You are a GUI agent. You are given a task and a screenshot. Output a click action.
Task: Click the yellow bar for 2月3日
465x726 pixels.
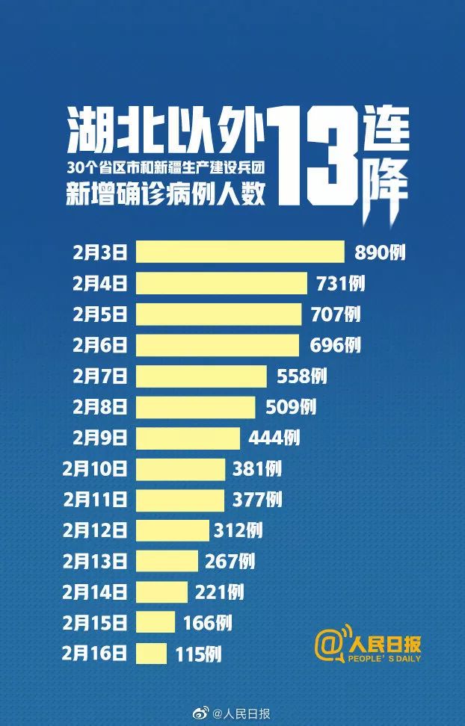239,252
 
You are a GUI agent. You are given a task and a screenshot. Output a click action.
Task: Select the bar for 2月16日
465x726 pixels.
151,654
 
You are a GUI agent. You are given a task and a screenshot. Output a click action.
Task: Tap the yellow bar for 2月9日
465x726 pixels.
188,438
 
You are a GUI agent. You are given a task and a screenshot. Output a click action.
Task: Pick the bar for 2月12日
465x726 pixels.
172,530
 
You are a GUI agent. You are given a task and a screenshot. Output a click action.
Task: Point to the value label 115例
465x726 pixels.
198,654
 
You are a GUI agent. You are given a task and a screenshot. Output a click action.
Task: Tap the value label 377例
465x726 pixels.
257,500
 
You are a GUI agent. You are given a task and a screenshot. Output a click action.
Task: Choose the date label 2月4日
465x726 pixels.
100,283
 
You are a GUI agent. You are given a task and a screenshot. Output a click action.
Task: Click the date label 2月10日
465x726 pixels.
96,469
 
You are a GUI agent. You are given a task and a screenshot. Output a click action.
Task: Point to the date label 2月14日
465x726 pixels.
96,592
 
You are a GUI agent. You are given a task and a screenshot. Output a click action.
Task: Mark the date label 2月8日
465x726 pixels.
100,407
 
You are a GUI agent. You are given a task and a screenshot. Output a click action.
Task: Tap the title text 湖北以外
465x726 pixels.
167,126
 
